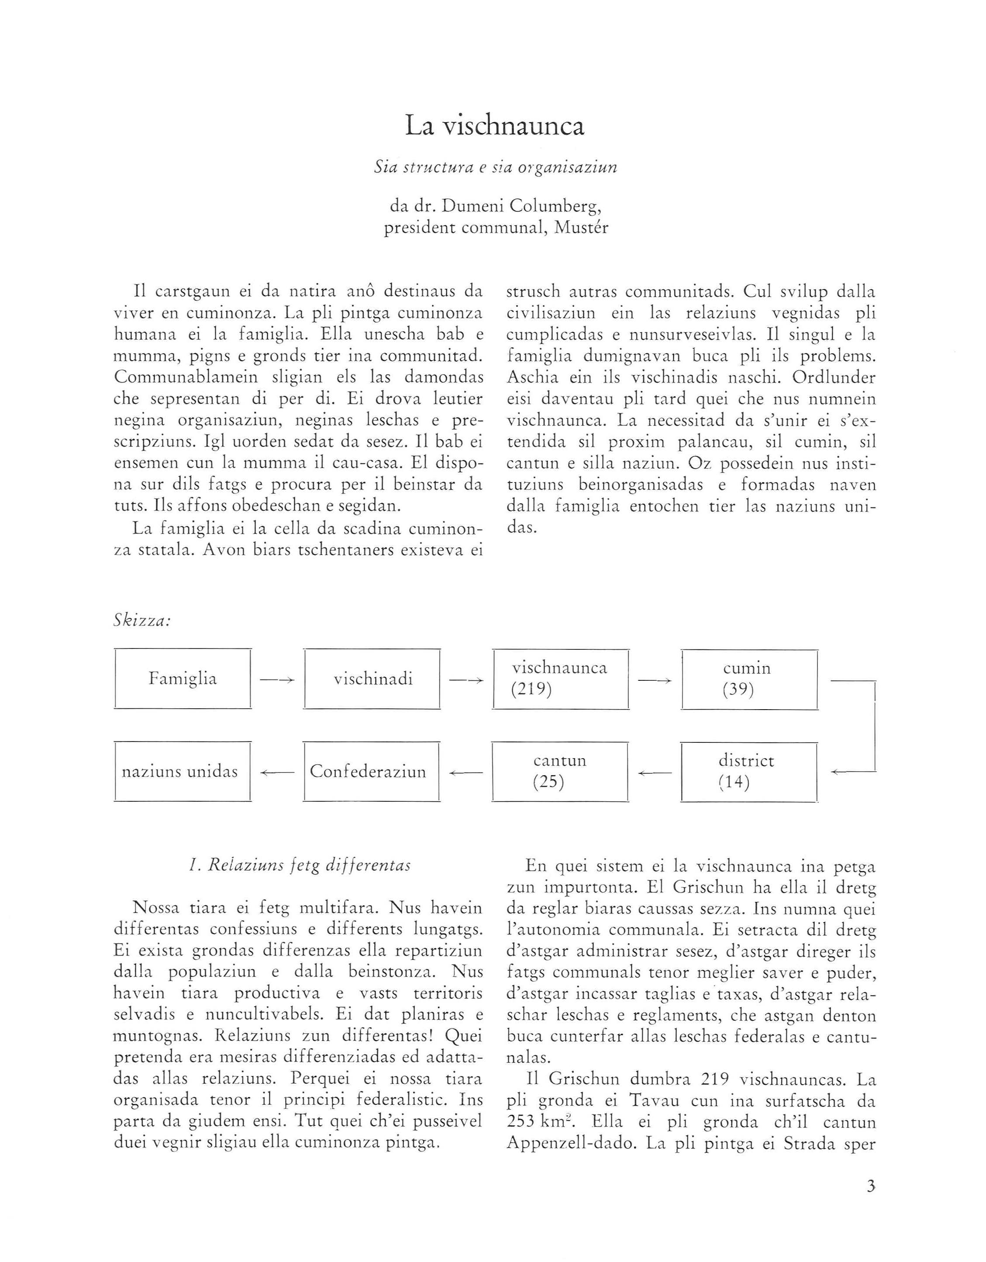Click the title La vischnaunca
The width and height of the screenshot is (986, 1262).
pos(494,126)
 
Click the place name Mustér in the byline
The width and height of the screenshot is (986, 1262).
pos(581,228)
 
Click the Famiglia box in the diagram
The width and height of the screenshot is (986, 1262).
pos(183,679)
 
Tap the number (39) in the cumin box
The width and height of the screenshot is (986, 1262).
pos(738,690)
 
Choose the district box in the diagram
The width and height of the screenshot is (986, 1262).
pos(749,772)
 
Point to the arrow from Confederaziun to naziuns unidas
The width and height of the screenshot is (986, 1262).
pos(277,772)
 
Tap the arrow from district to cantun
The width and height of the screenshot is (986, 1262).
pos(655,772)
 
